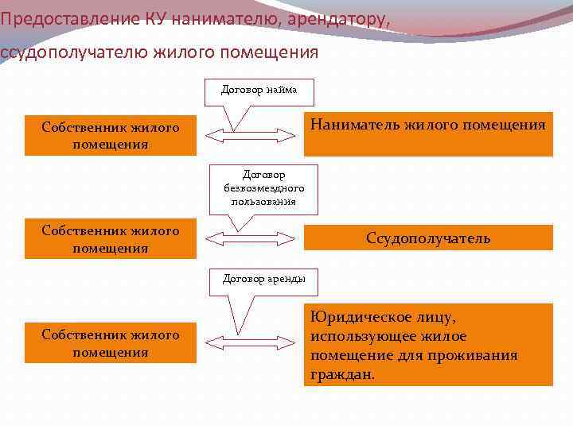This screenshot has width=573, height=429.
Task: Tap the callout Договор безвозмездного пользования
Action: [x=263, y=188]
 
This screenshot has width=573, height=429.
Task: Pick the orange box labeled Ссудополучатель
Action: [x=428, y=238]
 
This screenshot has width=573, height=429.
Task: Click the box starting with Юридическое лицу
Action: [x=428, y=345]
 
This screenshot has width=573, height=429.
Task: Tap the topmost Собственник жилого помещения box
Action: [x=111, y=136]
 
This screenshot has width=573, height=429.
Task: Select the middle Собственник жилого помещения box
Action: [x=111, y=239]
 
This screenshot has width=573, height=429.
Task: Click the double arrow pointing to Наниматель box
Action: [x=250, y=135]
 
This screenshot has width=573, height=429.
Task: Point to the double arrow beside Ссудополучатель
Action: [x=250, y=238]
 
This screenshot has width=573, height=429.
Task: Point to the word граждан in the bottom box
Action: [x=342, y=374]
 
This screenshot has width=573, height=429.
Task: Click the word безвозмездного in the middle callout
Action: [x=263, y=188]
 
